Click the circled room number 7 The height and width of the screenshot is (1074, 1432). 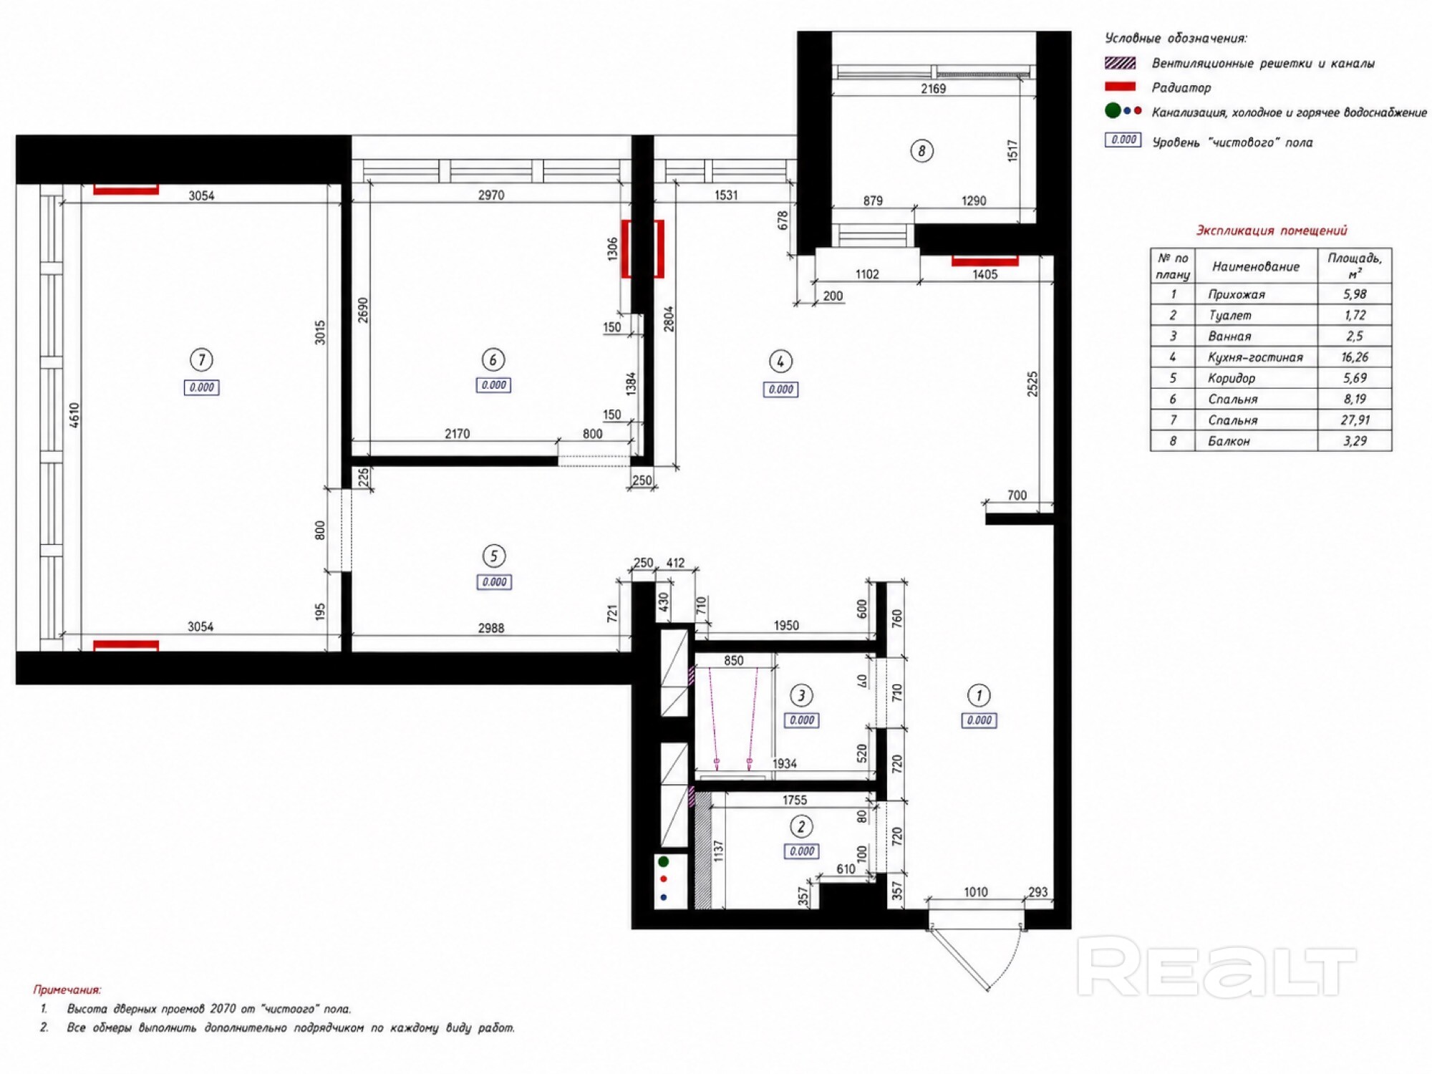click(x=201, y=359)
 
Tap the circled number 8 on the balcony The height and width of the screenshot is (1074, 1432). click(x=921, y=151)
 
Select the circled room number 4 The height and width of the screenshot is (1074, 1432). click(x=780, y=362)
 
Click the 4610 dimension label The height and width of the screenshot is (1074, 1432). click(x=74, y=416)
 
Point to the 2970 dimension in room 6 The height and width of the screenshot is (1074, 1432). click(x=491, y=195)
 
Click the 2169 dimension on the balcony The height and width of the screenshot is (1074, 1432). click(x=933, y=89)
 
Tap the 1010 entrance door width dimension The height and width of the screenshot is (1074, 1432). click(x=976, y=892)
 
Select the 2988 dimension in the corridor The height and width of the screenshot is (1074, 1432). click(x=491, y=628)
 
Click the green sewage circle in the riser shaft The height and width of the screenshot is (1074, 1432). click(x=664, y=861)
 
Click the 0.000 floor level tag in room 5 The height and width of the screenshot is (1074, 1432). click(x=494, y=582)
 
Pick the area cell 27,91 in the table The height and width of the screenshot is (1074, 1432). click(x=1354, y=420)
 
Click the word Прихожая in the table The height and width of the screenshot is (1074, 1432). click(x=1237, y=294)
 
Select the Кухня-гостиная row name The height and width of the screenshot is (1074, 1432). click(x=1255, y=357)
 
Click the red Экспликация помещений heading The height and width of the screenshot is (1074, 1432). click(x=1272, y=231)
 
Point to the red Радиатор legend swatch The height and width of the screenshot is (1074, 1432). click(x=1121, y=87)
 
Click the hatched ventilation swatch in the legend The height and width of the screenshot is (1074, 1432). click(x=1121, y=63)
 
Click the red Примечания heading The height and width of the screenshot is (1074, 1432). click(x=67, y=990)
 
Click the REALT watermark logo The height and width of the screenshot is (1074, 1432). click(x=1216, y=967)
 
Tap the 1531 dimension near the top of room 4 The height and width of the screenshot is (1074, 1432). click(x=726, y=195)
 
